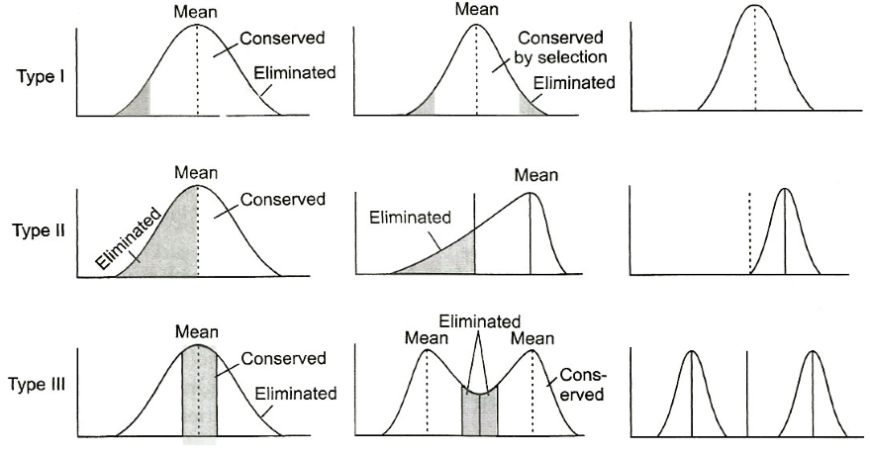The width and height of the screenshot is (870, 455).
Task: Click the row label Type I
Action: pos(42,77)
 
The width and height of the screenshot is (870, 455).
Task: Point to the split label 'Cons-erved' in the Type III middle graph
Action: pos(582,385)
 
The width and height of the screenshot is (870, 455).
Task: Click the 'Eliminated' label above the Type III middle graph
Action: pos(480,321)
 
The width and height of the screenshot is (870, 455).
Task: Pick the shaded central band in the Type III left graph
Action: pos(199,391)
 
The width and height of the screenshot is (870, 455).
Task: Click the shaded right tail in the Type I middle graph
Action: pos(531,105)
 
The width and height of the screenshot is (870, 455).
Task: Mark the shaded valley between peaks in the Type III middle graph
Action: pos(480,410)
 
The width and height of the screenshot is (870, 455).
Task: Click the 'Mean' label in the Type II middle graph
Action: pos(535,175)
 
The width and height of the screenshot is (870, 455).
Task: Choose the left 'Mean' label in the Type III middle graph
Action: pos(427,338)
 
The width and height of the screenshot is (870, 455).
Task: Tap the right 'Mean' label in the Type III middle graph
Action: pos(532,338)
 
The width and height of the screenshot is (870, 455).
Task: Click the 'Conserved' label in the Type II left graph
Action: pos(283,200)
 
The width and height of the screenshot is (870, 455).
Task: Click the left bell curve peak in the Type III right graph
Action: pos(691,354)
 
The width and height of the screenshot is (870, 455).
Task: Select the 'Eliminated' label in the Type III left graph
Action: pos(296,393)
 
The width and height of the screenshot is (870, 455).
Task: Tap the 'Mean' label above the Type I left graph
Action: pos(195,14)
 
